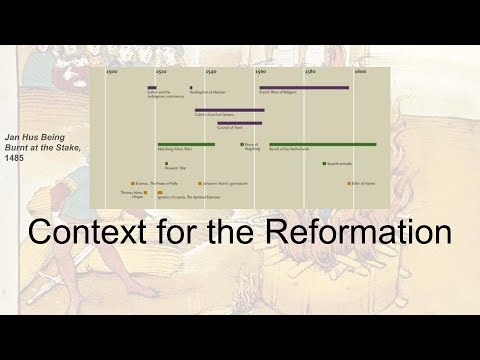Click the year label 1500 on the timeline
tap(113, 73)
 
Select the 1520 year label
tap(162, 73)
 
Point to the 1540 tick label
tap(211, 73)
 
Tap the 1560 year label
tap(261, 73)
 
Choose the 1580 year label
tap(310, 73)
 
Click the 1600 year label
tap(359, 73)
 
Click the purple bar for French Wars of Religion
tap(304, 87)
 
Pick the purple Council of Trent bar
tap(239, 123)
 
